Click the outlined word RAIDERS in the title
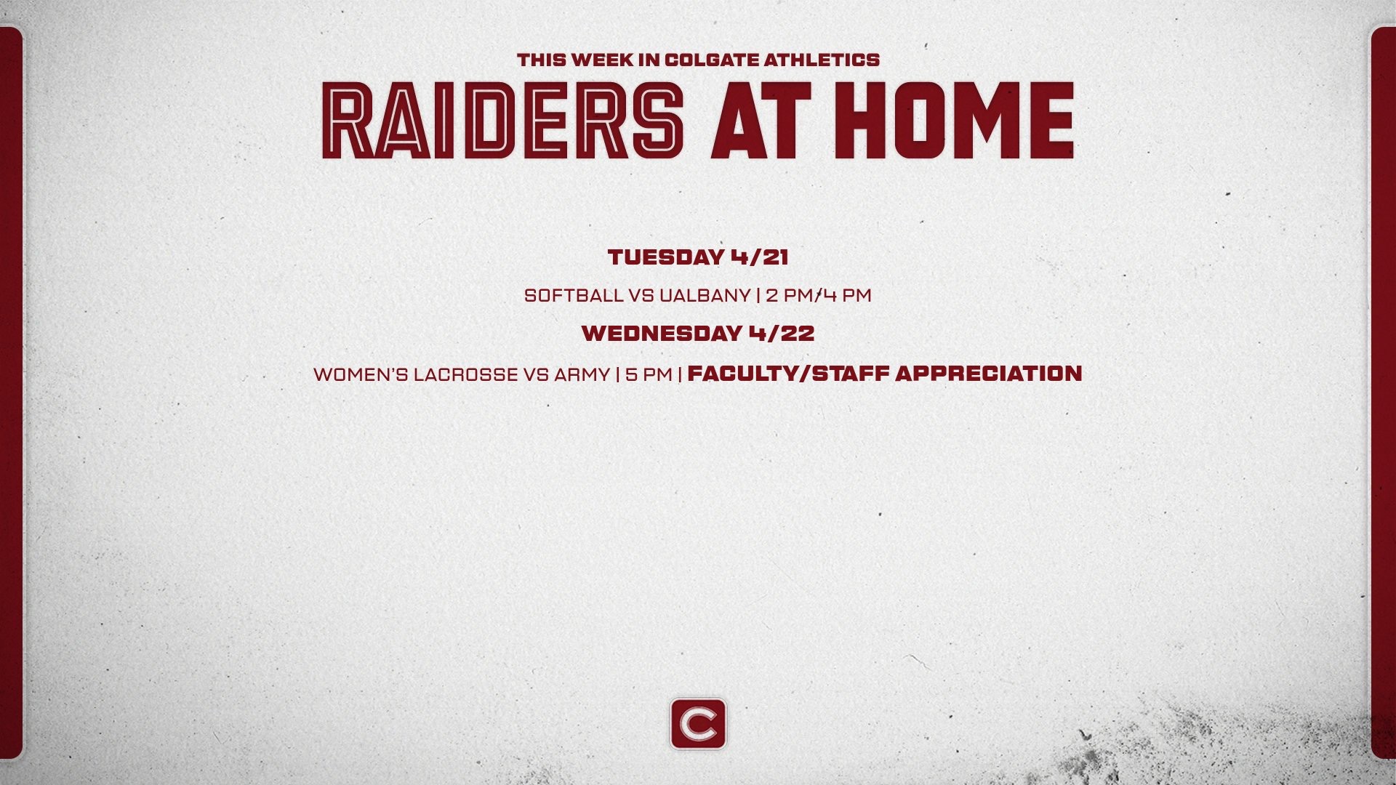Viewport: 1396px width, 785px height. pyautogui.click(x=503, y=121)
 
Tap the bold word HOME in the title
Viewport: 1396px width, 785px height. pyautogui.click(x=955, y=121)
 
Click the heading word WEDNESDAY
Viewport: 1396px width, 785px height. pyautogui.click(x=661, y=334)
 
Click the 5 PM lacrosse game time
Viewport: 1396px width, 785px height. pyautogui.click(x=649, y=374)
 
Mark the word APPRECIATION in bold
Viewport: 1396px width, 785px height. pyautogui.click(x=988, y=374)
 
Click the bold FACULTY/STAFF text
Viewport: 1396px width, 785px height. pyautogui.click(x=788, y=374)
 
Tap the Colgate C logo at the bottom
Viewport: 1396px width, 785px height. pyautogui.click(x=698, y=724)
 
